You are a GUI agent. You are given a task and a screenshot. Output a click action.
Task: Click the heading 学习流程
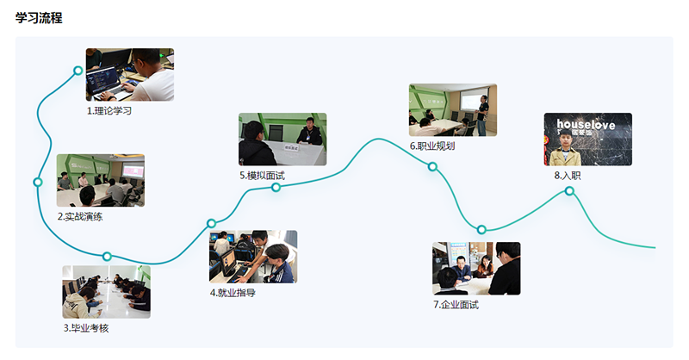39,17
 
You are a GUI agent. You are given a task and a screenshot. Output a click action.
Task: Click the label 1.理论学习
109,111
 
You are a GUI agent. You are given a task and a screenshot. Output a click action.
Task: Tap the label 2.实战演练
80,217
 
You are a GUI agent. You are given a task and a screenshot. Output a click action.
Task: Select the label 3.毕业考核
85,328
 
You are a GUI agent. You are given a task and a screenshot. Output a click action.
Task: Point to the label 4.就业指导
233,293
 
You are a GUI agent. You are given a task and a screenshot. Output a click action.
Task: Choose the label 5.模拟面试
262,176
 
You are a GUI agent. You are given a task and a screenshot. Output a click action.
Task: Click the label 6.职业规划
432,146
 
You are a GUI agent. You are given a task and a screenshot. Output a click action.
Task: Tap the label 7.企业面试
456,305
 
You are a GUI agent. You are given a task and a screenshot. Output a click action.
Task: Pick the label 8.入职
568,176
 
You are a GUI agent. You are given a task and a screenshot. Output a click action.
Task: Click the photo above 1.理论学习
130,75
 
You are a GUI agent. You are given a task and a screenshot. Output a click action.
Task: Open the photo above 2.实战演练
101,180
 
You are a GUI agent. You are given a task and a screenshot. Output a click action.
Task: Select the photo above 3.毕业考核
106,292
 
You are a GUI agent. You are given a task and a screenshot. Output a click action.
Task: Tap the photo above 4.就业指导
253,257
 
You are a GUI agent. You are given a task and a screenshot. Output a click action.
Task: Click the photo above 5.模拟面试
282,140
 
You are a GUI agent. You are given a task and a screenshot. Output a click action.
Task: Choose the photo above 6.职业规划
453,110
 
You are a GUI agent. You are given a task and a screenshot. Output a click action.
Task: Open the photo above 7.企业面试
476,269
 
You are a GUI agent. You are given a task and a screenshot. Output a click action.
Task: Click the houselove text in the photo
586,124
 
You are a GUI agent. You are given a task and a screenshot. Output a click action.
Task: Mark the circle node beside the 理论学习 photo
78,71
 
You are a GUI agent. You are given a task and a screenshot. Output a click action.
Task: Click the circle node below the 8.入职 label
569,191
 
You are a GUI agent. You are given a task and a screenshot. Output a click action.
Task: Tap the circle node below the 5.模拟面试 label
276,188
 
